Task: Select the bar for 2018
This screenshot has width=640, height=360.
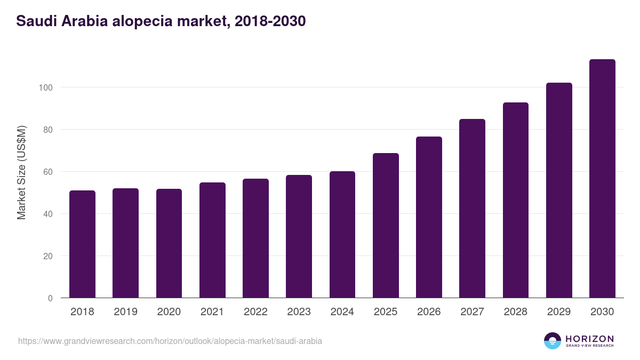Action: [x=82, y=244]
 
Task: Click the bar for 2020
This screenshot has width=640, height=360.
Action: [x=169, y=243]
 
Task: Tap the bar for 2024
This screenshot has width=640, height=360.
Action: [x=342, y=235]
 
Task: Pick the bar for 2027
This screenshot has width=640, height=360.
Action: [x=472, y=209]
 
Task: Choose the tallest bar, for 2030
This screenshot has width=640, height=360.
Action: [x=602, y=179]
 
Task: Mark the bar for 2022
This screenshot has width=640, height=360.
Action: [x=255, y=238]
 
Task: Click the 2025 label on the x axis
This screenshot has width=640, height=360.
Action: [x=386, y=312]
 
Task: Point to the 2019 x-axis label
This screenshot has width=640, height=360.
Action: [x=125, y=312]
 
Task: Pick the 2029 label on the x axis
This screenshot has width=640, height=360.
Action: [x=559, y=312]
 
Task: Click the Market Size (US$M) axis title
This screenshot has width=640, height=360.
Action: [x=21, y=172]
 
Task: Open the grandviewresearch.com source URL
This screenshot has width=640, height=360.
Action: [x=170, y=341]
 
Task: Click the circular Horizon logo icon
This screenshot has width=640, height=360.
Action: [x=552, y=341]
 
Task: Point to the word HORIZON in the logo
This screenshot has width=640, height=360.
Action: [x=589, y=338]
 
